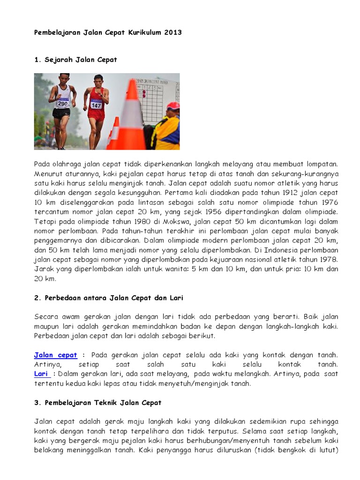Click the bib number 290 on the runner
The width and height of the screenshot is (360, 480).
tap(62, 104)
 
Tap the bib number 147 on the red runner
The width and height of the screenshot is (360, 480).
tap(96, 105)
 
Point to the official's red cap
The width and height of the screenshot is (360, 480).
tap(173, 106)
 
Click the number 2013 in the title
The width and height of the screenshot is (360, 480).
tap(172, 33)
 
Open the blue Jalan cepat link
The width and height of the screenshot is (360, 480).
tap(55, 355)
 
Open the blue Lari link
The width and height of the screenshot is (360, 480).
tap(41, 374)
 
